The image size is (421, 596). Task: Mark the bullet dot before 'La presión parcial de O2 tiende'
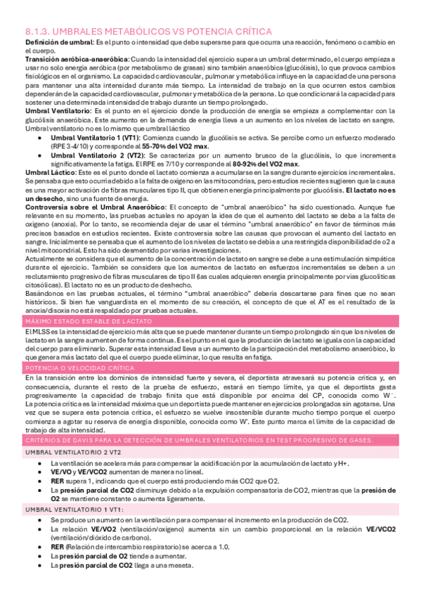tap(43, 556)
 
